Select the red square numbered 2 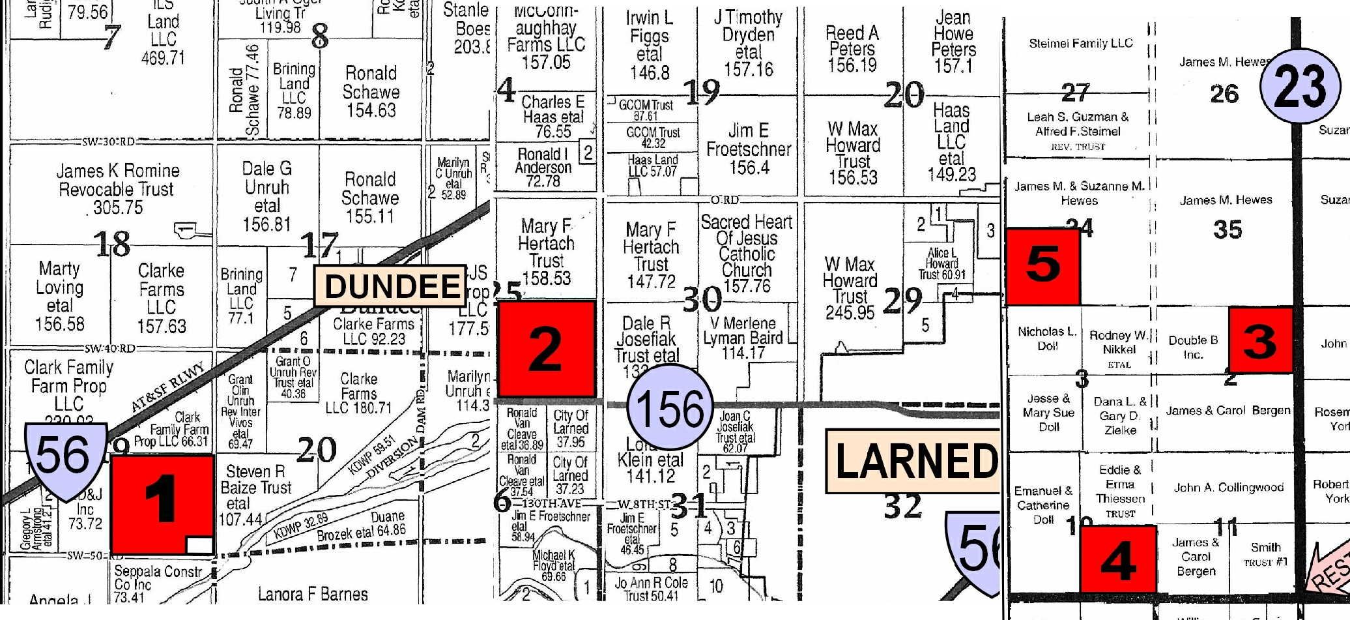point(546,348)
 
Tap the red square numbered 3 point(1260,340)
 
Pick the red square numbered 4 point(1118,559)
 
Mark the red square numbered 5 point(1042,266)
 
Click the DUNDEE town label point(391,286)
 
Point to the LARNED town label point(915,461)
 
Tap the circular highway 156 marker point(670,407)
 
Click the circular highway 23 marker point(1300,85)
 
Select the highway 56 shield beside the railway point(65,459)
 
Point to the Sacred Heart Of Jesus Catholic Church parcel point(747,254)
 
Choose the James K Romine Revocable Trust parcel point(117,189)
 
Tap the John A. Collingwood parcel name point(1228,487)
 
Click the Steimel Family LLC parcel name point(1080,44)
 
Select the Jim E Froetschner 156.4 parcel point(749,149)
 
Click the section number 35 point(1228,229)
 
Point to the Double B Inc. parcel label point(1192,347)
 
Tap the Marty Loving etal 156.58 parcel point(59,296)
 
